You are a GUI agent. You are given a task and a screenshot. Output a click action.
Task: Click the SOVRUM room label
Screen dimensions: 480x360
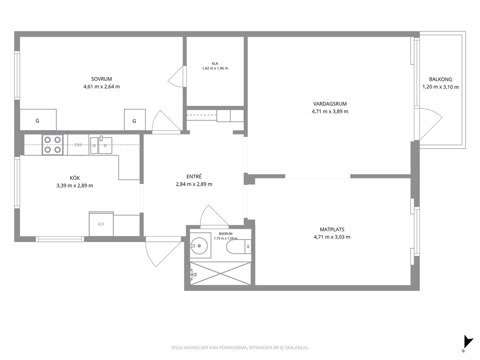click(x=102, y=79)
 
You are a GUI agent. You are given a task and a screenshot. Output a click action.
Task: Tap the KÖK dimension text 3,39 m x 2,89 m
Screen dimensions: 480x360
click(x=75, y=185)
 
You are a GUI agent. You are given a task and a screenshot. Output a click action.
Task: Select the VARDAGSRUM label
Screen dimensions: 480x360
click(x=330, y=104)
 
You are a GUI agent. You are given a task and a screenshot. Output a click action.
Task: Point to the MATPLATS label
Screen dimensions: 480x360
click(x=332, y=229)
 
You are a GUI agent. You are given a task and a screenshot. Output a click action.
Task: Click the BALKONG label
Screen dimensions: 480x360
click(x=440, y=79)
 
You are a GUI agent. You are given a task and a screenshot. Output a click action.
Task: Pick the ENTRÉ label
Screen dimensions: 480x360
click(x=194, y=177)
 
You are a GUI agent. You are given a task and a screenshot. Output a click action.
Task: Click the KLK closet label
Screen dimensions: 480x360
click(x=215, y=64)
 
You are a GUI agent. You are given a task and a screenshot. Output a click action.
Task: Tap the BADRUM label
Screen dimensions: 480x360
click(x=225, y=234)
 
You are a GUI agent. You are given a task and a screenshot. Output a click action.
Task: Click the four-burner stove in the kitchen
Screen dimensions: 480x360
click(x=52, y=145)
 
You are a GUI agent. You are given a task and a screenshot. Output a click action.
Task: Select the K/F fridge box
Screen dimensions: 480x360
click(x=101, y=224)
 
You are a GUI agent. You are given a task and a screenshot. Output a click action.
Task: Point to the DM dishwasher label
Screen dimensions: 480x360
click(x=78, y=145)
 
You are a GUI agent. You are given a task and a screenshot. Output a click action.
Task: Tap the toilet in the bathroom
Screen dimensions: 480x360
click(x=239, y=247)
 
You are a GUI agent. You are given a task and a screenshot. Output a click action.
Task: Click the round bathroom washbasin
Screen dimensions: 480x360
click(x=199, y=245)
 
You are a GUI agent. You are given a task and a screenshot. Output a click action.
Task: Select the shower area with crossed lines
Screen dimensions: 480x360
click(x=221, y=273)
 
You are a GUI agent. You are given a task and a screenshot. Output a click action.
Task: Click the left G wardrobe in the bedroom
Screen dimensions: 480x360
click(x=38, y=120)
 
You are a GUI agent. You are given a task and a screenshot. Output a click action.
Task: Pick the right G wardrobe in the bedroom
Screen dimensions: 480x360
click(x=135, y=120)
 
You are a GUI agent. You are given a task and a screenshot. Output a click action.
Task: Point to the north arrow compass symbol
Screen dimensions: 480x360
click(x=467, y=342)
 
